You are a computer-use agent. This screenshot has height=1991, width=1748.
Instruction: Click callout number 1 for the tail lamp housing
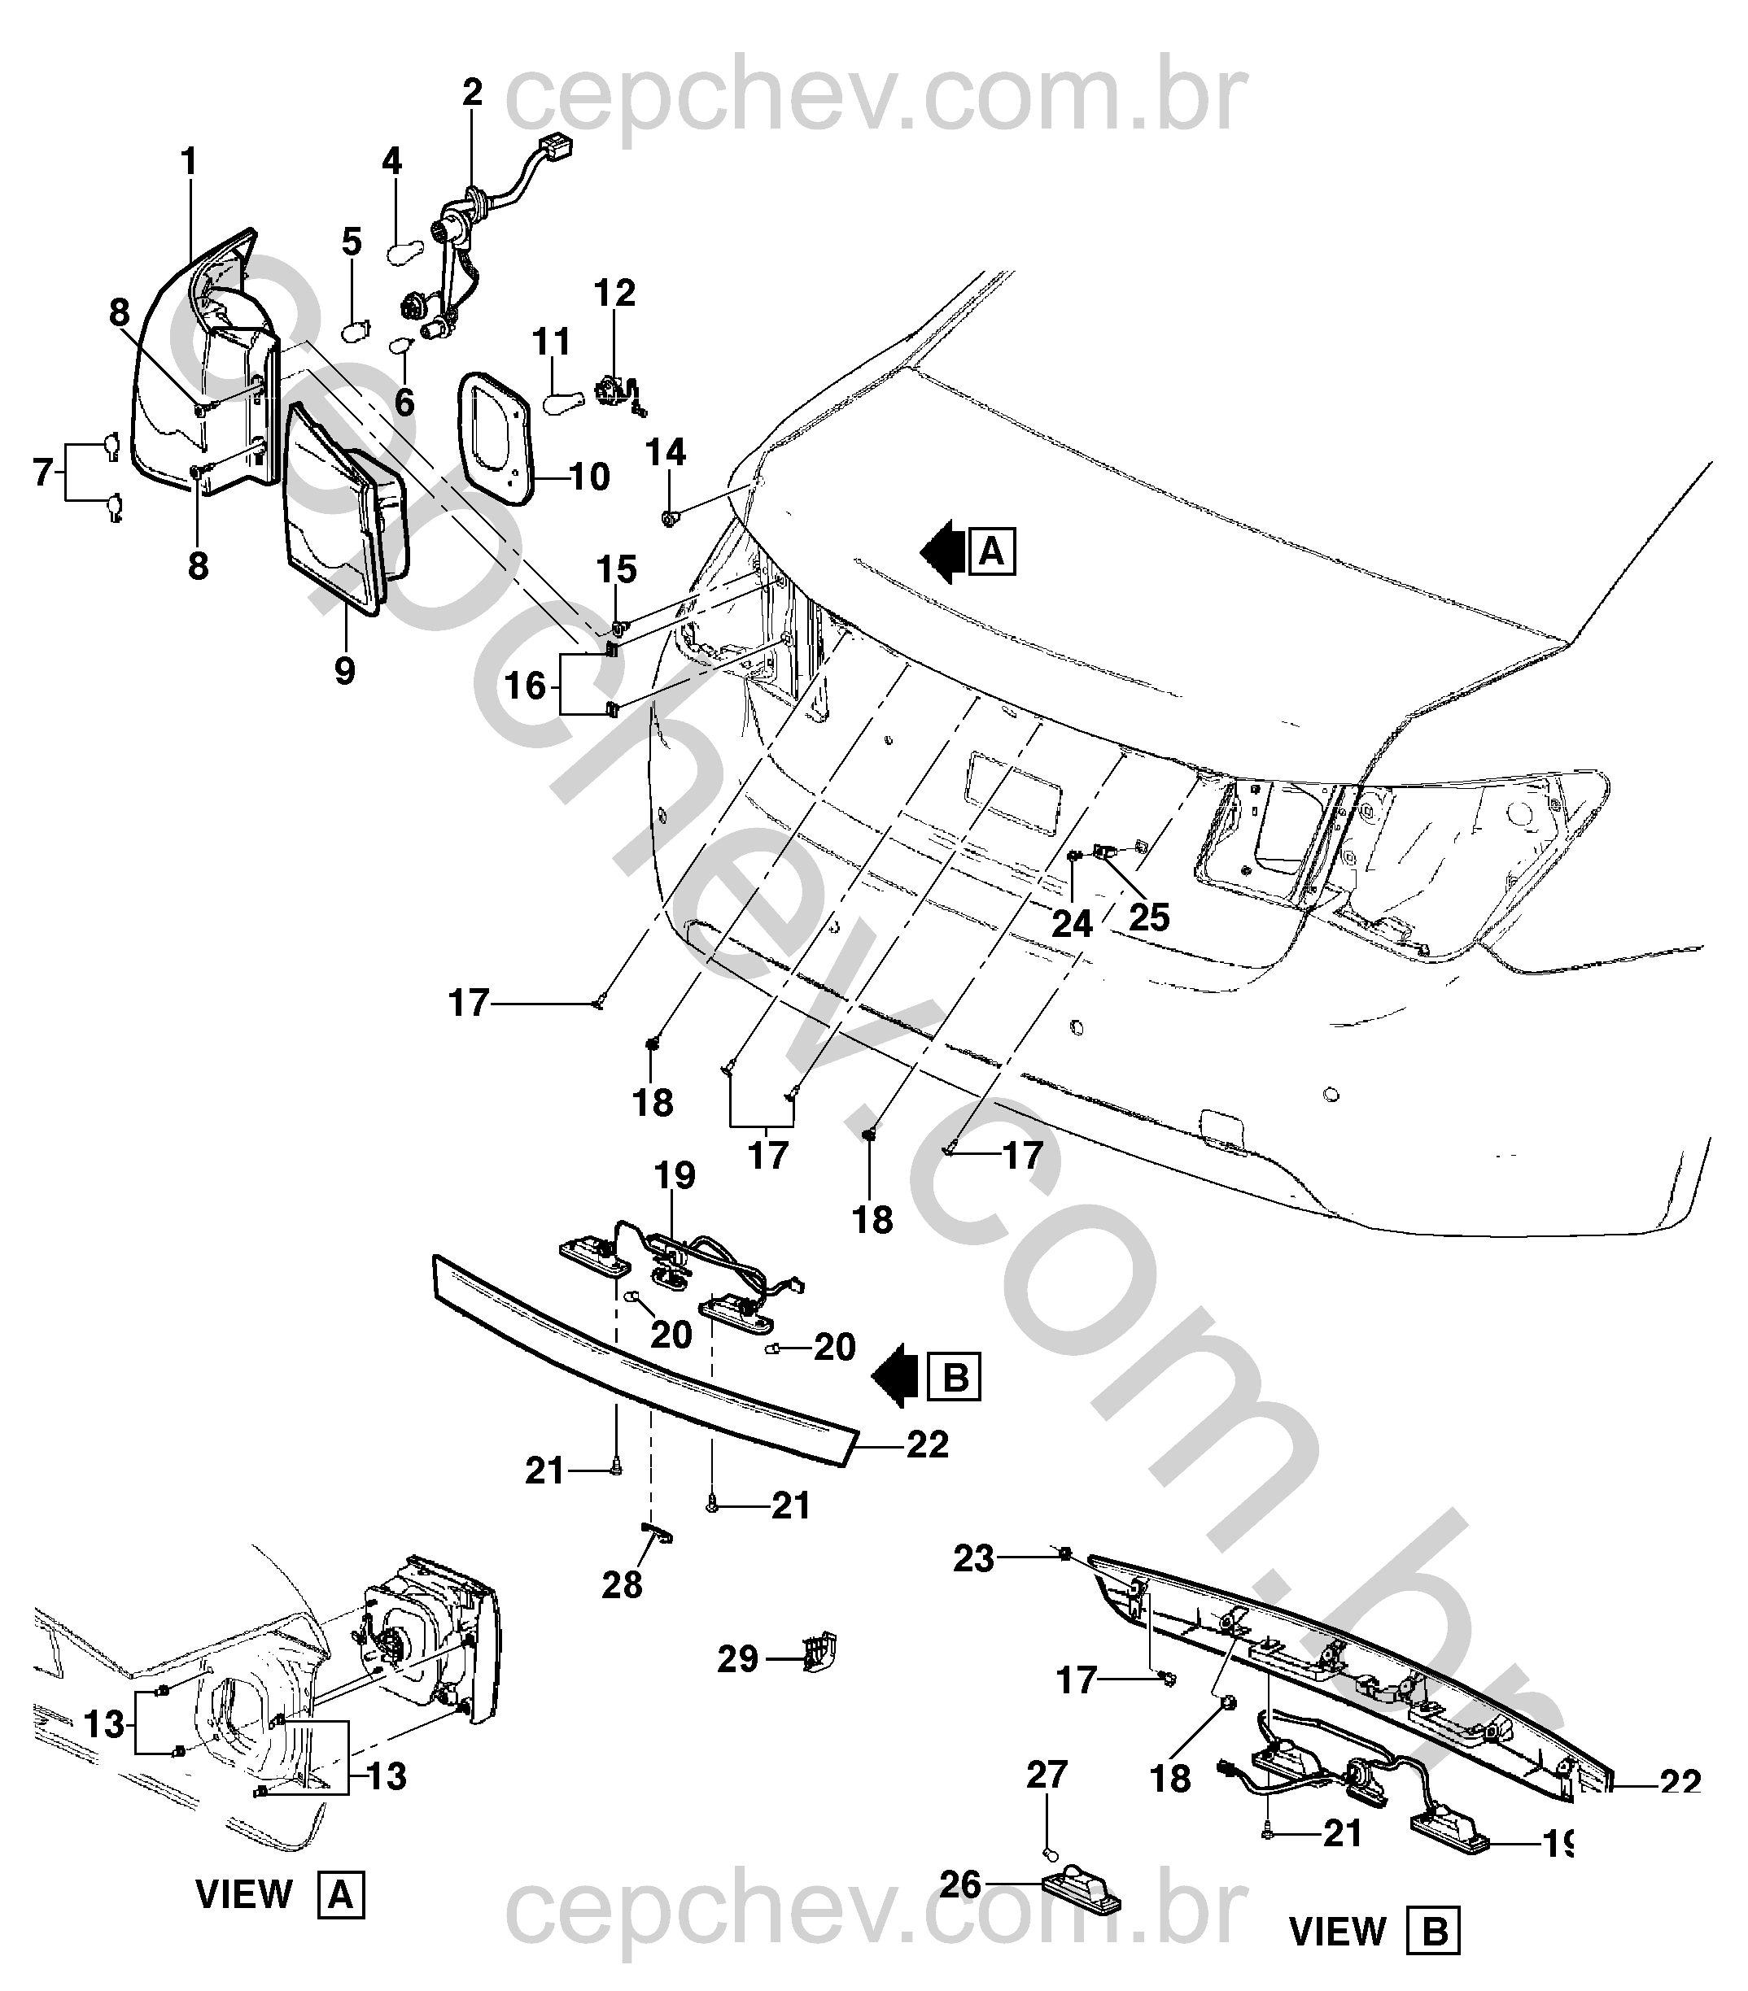188,162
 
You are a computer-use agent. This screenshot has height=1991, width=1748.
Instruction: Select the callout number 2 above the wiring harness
472,94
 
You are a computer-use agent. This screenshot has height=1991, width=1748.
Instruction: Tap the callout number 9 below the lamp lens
344,670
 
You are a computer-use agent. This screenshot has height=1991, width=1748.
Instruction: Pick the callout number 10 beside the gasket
588,477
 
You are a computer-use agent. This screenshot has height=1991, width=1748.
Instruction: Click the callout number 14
666,452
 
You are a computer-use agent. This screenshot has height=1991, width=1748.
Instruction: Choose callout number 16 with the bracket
525,686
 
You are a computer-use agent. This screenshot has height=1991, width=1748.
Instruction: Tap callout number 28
622,1585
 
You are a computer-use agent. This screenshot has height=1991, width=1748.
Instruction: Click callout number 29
737,1659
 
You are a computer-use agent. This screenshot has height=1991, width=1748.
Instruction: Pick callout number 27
1047,1775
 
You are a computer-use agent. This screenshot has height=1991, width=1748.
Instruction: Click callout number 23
974,1558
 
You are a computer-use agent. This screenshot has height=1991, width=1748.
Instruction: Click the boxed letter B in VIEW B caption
1434,1932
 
